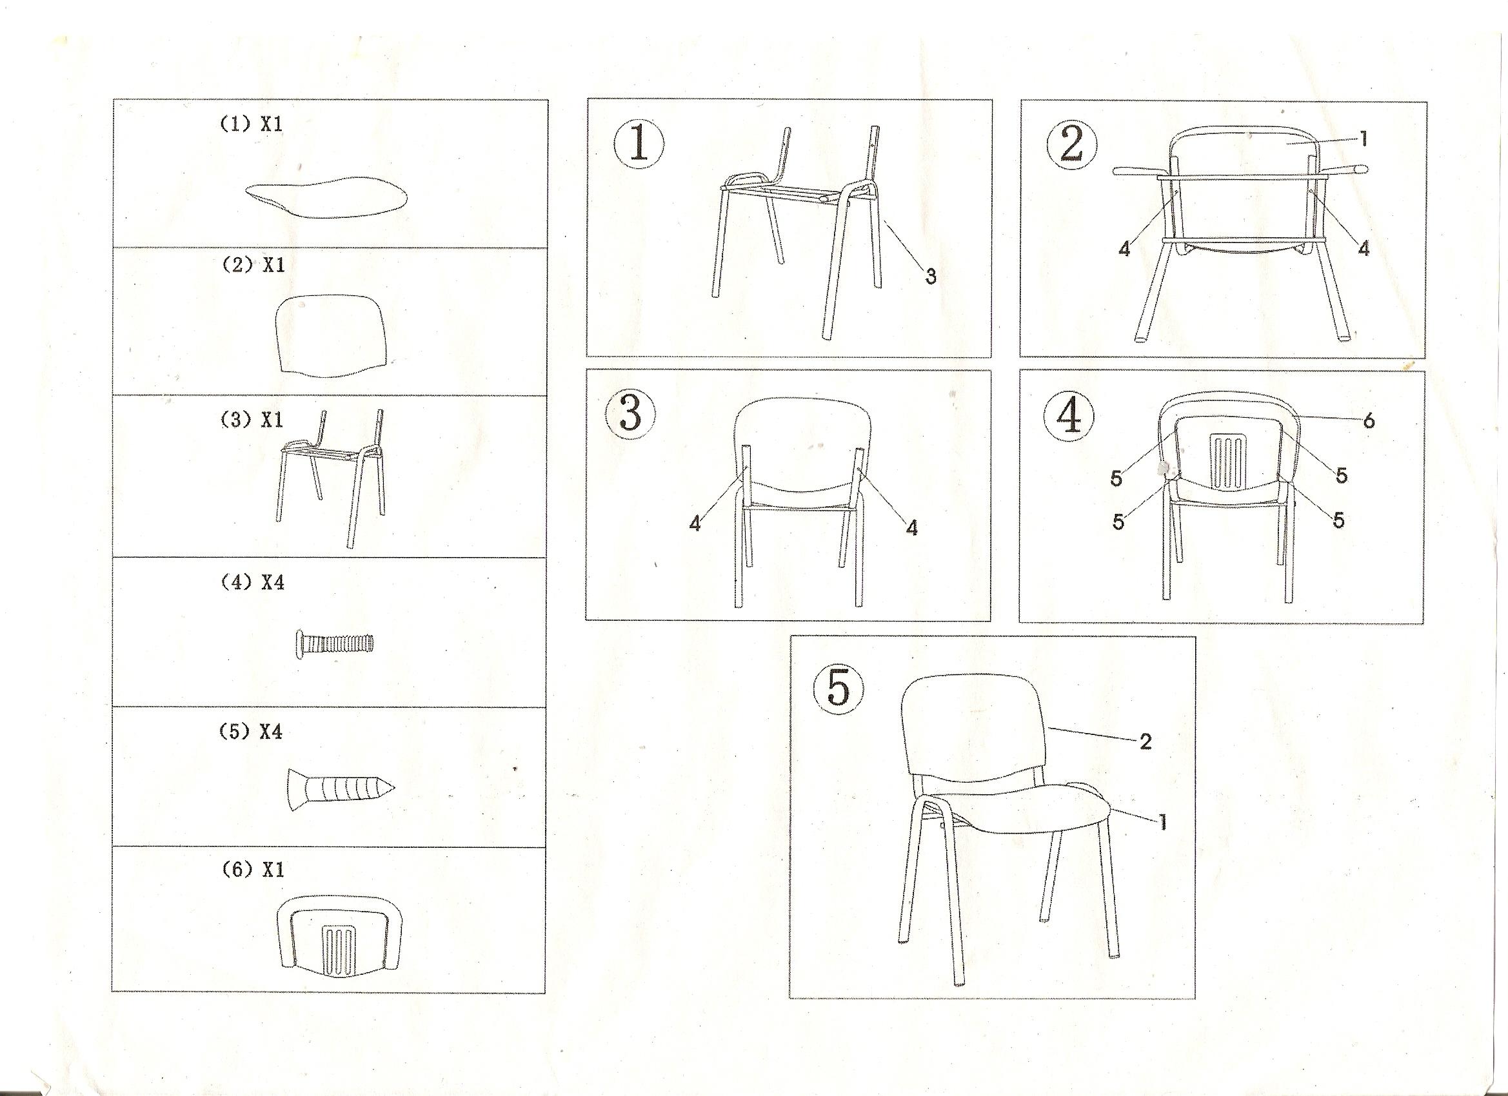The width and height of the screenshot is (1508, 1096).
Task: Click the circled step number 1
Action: click(639, 146)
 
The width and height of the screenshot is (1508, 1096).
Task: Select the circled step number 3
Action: click(630, 413)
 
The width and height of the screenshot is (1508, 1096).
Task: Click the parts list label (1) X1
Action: click(252, 124)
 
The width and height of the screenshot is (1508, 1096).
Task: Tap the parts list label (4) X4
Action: click(252, 582)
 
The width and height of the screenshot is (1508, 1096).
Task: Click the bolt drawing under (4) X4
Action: click(333, 643)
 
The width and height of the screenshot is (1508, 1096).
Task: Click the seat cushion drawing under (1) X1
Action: click(326, 197)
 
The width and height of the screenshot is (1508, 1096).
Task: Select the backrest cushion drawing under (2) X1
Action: click(330, 336)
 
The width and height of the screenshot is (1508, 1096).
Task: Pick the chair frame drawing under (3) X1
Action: click(330, 478)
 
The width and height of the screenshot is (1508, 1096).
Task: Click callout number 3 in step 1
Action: click(931, 277)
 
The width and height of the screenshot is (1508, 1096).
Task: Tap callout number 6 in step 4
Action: click(1369, 421)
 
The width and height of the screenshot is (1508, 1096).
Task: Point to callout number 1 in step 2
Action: click(1364, 139)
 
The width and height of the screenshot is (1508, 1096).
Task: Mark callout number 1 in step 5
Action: click(1163, 823)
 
